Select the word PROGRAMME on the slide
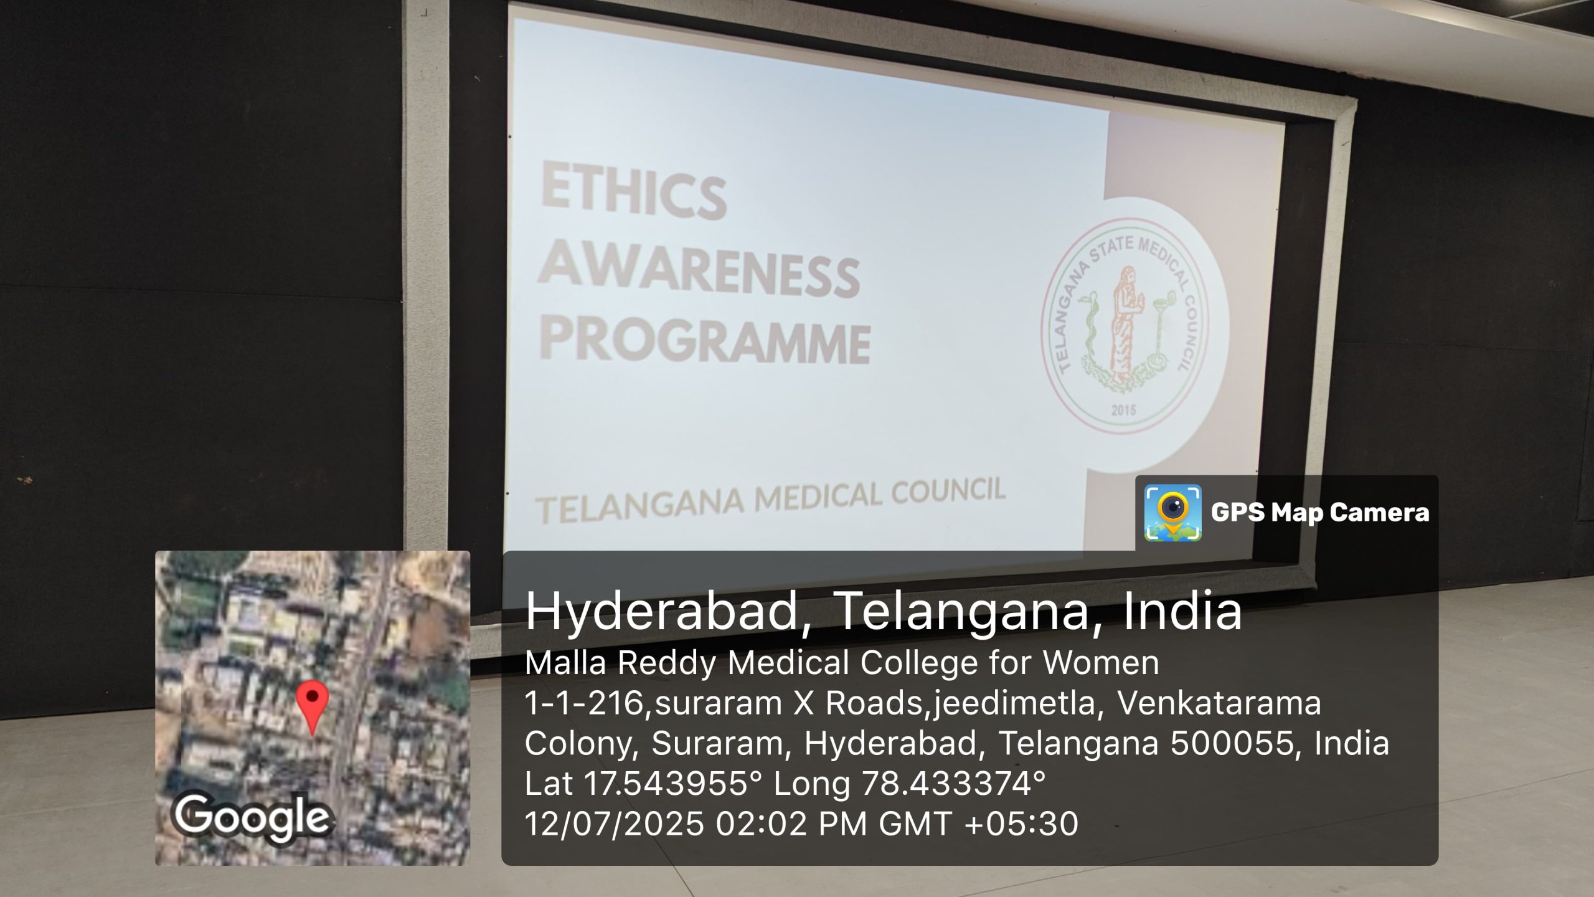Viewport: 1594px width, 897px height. [705, 342]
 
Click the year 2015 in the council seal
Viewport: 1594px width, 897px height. [1124, 411]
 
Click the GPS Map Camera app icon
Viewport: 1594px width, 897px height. [1173, 513]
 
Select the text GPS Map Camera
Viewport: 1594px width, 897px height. [1320, 513]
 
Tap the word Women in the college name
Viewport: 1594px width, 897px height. [1101, 662]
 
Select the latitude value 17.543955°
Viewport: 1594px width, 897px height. [672, 784]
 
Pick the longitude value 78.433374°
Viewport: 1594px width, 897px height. [954, 784]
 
